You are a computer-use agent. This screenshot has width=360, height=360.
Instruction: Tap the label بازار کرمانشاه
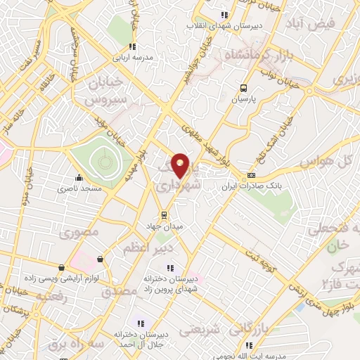coord(255,53)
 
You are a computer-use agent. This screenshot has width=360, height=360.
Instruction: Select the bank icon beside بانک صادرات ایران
coord(252,174)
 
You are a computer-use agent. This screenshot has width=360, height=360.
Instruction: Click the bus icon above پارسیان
coord(243,89)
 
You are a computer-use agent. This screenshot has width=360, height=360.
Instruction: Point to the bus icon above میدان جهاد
coord(164,215)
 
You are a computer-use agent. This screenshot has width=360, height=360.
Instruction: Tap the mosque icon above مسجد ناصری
coord(78,177)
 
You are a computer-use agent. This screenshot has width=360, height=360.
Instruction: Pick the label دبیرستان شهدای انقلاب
coord(224,25)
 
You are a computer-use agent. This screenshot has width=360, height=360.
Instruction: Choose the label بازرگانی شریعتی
coord(211,328)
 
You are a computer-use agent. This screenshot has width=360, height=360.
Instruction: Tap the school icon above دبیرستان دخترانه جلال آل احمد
coord(141,323)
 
